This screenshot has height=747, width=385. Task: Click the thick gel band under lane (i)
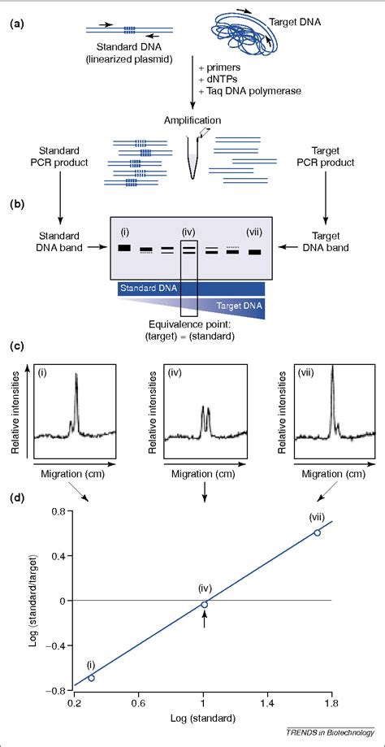click(125, 247)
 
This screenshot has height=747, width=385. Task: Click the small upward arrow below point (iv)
click(205, 619)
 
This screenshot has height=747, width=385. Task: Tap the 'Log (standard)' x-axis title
click(205, 719)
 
